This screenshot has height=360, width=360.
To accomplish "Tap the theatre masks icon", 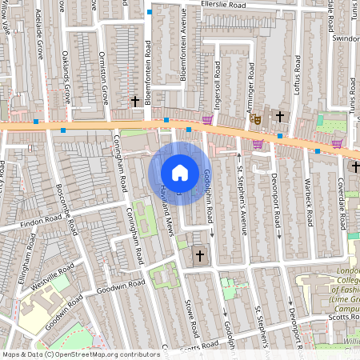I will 256,118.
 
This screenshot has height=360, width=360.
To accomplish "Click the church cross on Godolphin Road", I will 200,256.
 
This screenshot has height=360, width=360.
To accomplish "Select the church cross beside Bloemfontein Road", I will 135,102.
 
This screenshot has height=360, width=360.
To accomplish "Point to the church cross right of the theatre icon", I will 280,117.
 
